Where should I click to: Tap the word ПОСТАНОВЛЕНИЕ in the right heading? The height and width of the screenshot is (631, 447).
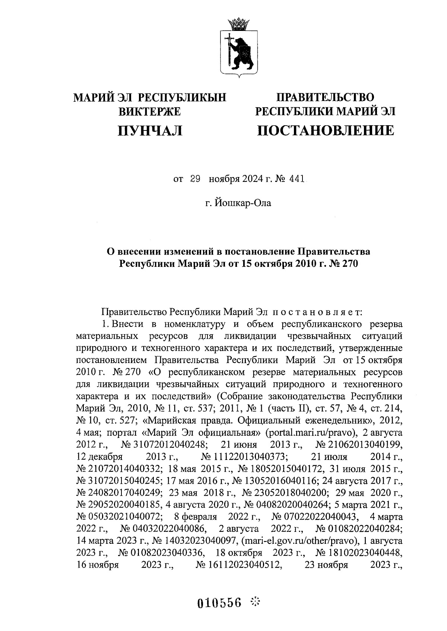pyautogui.click(x=326, y=130)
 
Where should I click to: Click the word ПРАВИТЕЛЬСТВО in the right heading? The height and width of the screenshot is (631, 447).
pyautogui.click(x=325, y=97)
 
